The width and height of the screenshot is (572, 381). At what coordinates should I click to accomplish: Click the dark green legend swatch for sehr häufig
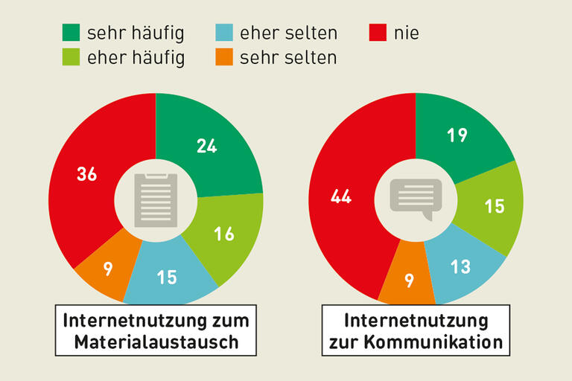71,33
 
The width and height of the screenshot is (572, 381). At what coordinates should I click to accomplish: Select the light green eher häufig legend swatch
71,57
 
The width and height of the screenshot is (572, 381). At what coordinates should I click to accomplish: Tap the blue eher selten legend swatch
223,33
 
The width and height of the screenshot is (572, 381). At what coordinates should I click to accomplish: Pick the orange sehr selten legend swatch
223,57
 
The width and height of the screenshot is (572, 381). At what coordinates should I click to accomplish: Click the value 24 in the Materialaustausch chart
207,146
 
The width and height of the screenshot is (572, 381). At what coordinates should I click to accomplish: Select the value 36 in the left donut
87,174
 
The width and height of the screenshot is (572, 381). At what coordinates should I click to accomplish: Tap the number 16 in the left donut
224,234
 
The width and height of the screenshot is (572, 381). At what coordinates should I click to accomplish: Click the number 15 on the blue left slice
167,277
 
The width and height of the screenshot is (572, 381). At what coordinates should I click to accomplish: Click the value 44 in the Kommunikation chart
341,196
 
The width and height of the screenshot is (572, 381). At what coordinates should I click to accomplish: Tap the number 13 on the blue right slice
461,266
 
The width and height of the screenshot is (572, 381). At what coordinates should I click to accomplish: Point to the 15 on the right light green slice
495,206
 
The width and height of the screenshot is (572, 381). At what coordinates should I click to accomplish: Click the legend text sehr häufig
135,33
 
